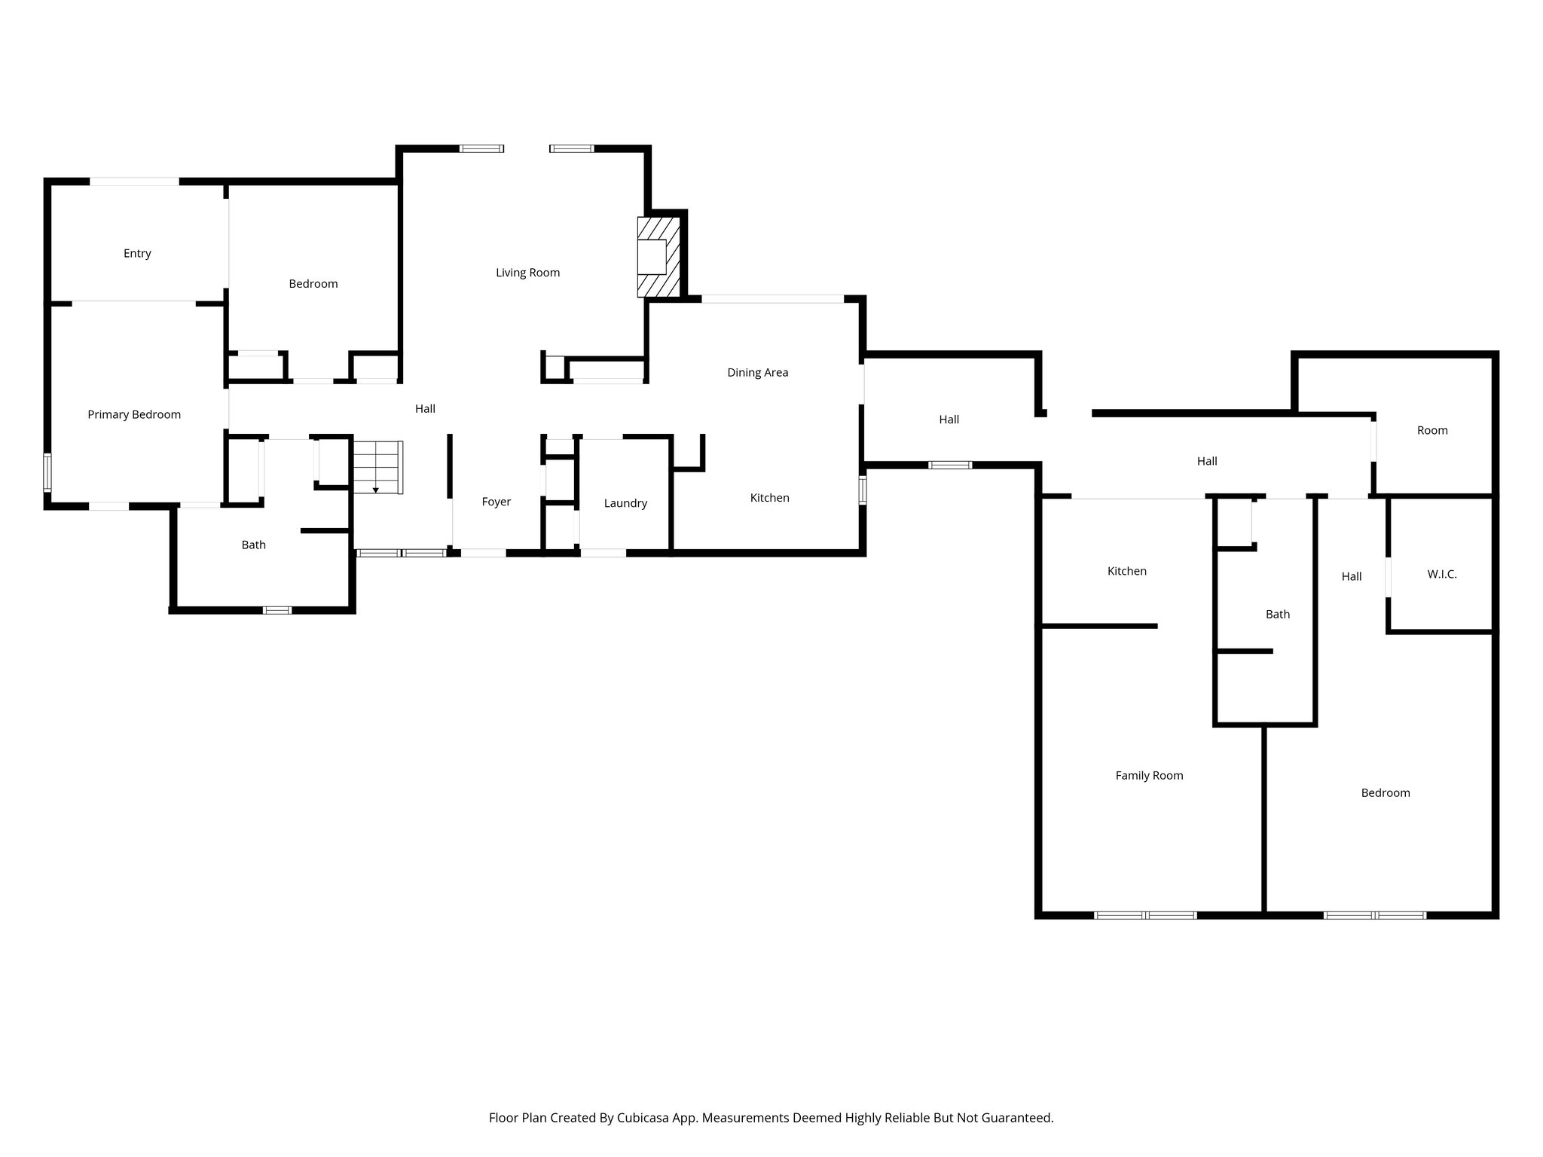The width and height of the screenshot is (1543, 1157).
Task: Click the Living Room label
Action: coord(527,273)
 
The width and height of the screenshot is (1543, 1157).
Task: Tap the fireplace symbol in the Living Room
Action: coord(658,257)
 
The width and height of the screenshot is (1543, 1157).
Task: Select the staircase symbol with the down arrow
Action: coord(378,467)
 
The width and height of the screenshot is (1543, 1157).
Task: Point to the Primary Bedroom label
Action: coord(134,414)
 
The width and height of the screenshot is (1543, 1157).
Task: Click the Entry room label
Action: coord(137,253)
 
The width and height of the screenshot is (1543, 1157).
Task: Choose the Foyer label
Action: coord(497,502)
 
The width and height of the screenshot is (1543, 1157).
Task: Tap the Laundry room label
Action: coord(625,503)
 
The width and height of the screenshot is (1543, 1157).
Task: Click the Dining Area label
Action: coord(757,372)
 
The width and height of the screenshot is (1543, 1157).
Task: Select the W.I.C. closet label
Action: coord(1442,574)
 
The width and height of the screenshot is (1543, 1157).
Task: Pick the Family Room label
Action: coord(1149,775)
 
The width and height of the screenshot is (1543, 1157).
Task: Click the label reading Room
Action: coord(1432,430)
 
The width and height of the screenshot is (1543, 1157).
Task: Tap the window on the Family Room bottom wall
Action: coord(1145,915)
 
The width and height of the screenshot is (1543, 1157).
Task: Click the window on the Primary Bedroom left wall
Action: coord(47,472)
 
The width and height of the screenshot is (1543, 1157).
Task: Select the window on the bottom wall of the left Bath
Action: coord(277,610)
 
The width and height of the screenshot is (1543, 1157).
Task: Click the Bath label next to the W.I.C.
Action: coord(1278,614)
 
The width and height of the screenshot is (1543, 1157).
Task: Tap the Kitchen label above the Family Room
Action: coord(1127,571)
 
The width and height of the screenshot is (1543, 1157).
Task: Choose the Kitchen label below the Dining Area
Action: coord(769,498)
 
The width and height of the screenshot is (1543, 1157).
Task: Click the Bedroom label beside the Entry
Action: coord(313,283)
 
